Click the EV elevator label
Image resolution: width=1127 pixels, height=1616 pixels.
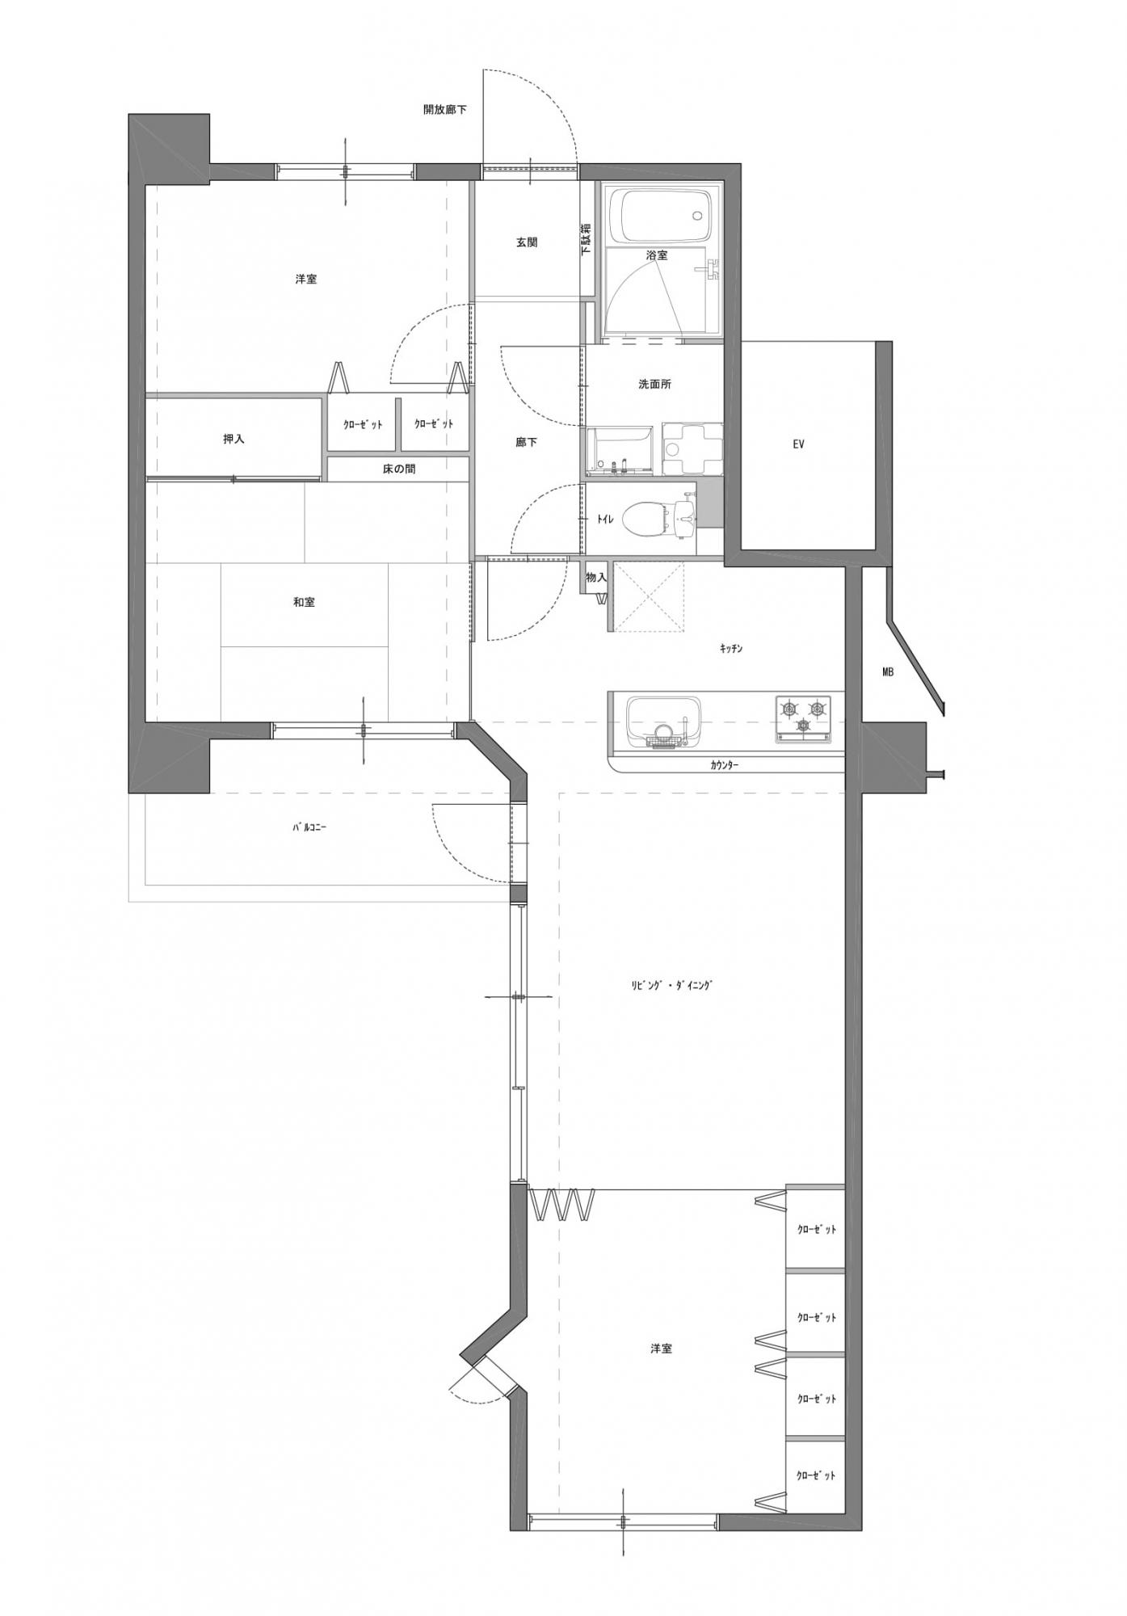[798, 444]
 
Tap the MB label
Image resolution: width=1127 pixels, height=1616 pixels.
[888, 671]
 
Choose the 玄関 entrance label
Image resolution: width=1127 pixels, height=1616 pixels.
[527, 242]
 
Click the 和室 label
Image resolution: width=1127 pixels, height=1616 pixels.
[304, 603]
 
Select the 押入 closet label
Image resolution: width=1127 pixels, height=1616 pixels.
[233, 440]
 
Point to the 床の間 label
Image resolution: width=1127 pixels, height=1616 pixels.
[399, 469]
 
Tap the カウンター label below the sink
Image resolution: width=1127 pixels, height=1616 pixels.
[725, 764]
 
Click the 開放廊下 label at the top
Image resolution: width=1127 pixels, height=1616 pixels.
[445, 109]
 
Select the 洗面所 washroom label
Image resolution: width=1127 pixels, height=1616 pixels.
[654, 385]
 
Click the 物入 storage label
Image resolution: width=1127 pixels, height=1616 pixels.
[596, 578]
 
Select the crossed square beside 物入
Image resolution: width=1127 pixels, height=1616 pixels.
[649, 596]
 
